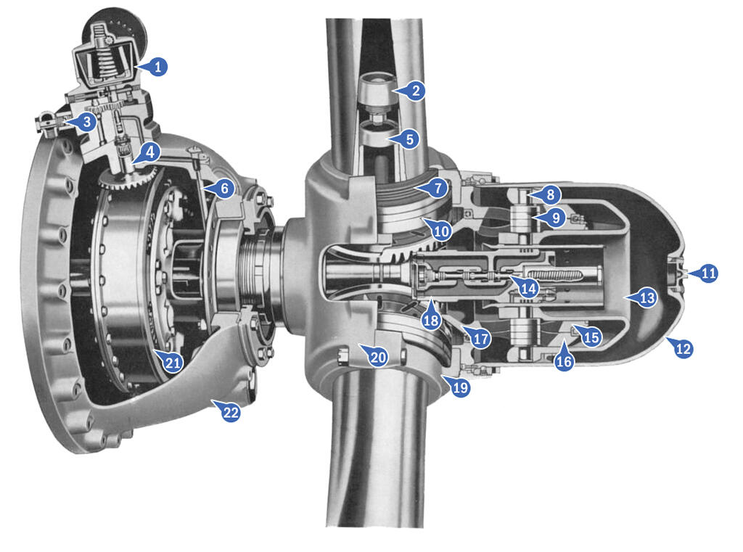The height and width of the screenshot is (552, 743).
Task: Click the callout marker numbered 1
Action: pos(157,66)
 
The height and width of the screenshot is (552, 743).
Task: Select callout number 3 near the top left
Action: pos(86,122)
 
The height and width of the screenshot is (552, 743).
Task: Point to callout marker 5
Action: pos(409,139)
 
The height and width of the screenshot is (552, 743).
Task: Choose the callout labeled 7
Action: pos(438,188)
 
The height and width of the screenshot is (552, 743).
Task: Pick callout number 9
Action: pos(555,218)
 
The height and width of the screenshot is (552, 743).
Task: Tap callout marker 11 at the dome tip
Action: pos(708,273)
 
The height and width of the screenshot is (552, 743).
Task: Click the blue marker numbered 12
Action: pos(682,348)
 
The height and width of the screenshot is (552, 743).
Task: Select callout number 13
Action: pos(646,297)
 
